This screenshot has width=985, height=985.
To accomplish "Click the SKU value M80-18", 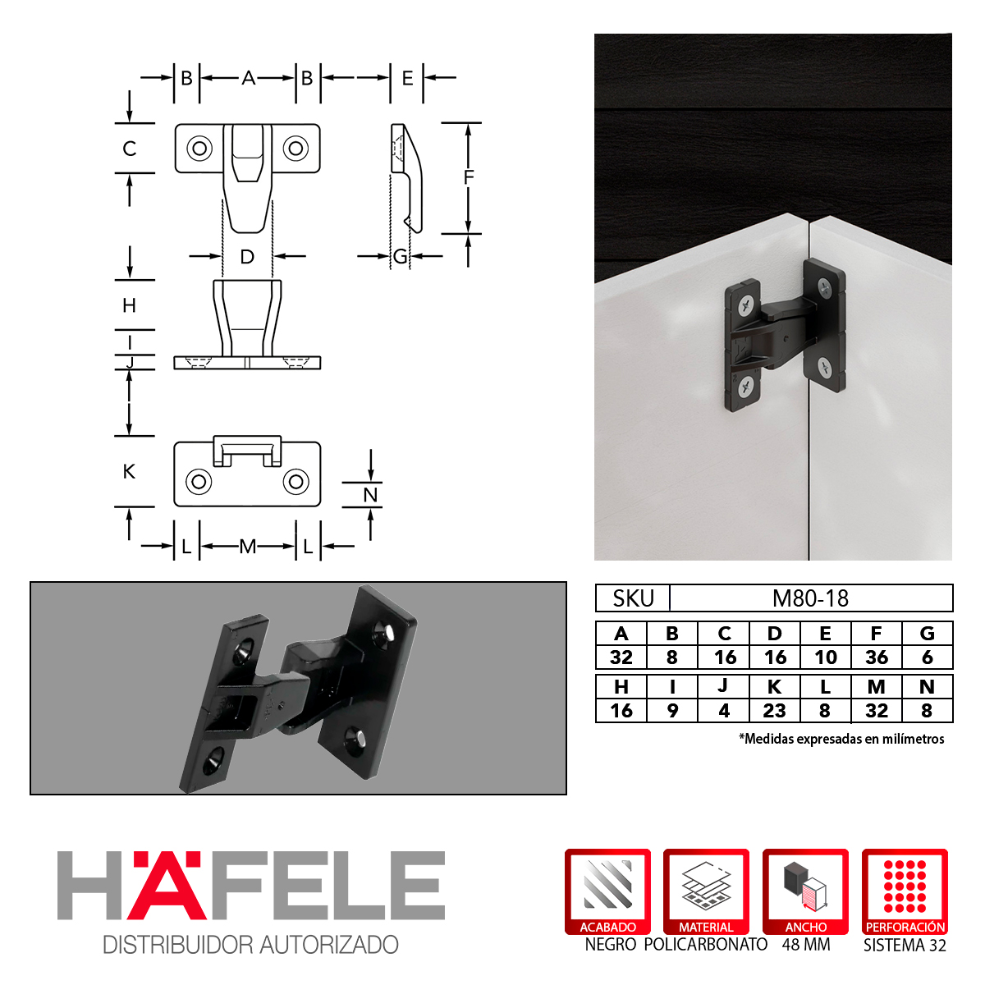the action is (810, 598).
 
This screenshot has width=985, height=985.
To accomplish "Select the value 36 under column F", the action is (877, 657).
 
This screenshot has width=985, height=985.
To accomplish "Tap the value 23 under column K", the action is (774, 711).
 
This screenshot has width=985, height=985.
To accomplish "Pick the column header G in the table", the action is (928, 634).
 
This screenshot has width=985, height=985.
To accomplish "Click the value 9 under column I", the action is (673, 711).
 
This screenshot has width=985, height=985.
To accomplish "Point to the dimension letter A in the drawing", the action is (249, 78).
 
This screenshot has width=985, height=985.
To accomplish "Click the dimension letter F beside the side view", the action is (469, 177).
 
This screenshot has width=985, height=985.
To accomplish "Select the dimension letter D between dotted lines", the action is (247, 257).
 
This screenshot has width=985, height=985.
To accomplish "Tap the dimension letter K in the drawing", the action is (130, 471).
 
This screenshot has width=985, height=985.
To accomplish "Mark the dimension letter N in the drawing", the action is (370, 495).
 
